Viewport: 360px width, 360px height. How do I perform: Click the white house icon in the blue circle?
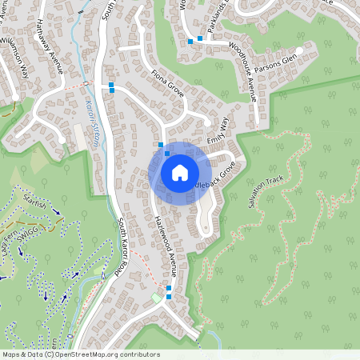pos(180,173)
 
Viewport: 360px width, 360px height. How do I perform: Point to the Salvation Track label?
pos(266,192)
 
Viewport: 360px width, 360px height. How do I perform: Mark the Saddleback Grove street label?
pos(217,176)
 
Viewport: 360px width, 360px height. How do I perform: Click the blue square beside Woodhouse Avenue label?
pos(200,38)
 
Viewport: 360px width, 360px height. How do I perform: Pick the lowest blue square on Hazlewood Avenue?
pos(169,298)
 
